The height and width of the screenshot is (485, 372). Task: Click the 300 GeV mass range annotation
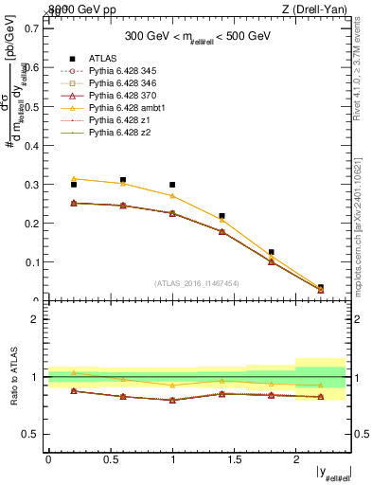tap(199, 37)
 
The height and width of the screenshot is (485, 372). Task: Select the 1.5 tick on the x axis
tap(234, 458)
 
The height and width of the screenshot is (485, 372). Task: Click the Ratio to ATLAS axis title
tap(13, 377)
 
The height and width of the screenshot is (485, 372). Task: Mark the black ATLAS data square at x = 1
tap(172, 185)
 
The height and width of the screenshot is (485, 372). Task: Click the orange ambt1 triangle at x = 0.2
tap(73, 178)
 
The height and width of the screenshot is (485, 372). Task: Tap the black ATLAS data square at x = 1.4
tap(221, 216)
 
